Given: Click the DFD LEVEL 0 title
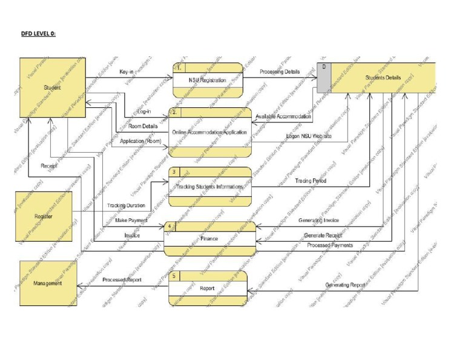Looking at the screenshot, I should tap(38, 33).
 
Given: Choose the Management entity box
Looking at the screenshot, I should tap(47, 283).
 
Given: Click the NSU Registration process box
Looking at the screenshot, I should tap(207, 80).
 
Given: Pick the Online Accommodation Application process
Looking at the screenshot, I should tap(210, 132).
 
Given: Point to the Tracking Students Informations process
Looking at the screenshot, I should tap(209, 187).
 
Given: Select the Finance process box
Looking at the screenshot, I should tap(209, 238).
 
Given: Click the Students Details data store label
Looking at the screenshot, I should tap(383, 78).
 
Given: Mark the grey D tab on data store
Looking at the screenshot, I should tap(323, 77).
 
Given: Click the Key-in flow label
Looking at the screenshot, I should tap(127, 72).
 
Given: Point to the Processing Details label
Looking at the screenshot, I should tap(280, 72).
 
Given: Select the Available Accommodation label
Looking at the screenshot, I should tap(283, 116).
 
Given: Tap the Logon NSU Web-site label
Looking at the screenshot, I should tap(309, 136).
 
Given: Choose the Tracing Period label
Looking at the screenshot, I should tap(311, 181).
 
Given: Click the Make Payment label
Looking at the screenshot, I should tap(131, 220).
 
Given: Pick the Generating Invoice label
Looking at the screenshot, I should tap(318, 220).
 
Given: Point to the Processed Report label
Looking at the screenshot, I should tap(122, 280).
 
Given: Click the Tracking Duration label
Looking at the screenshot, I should tap(126, 206).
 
